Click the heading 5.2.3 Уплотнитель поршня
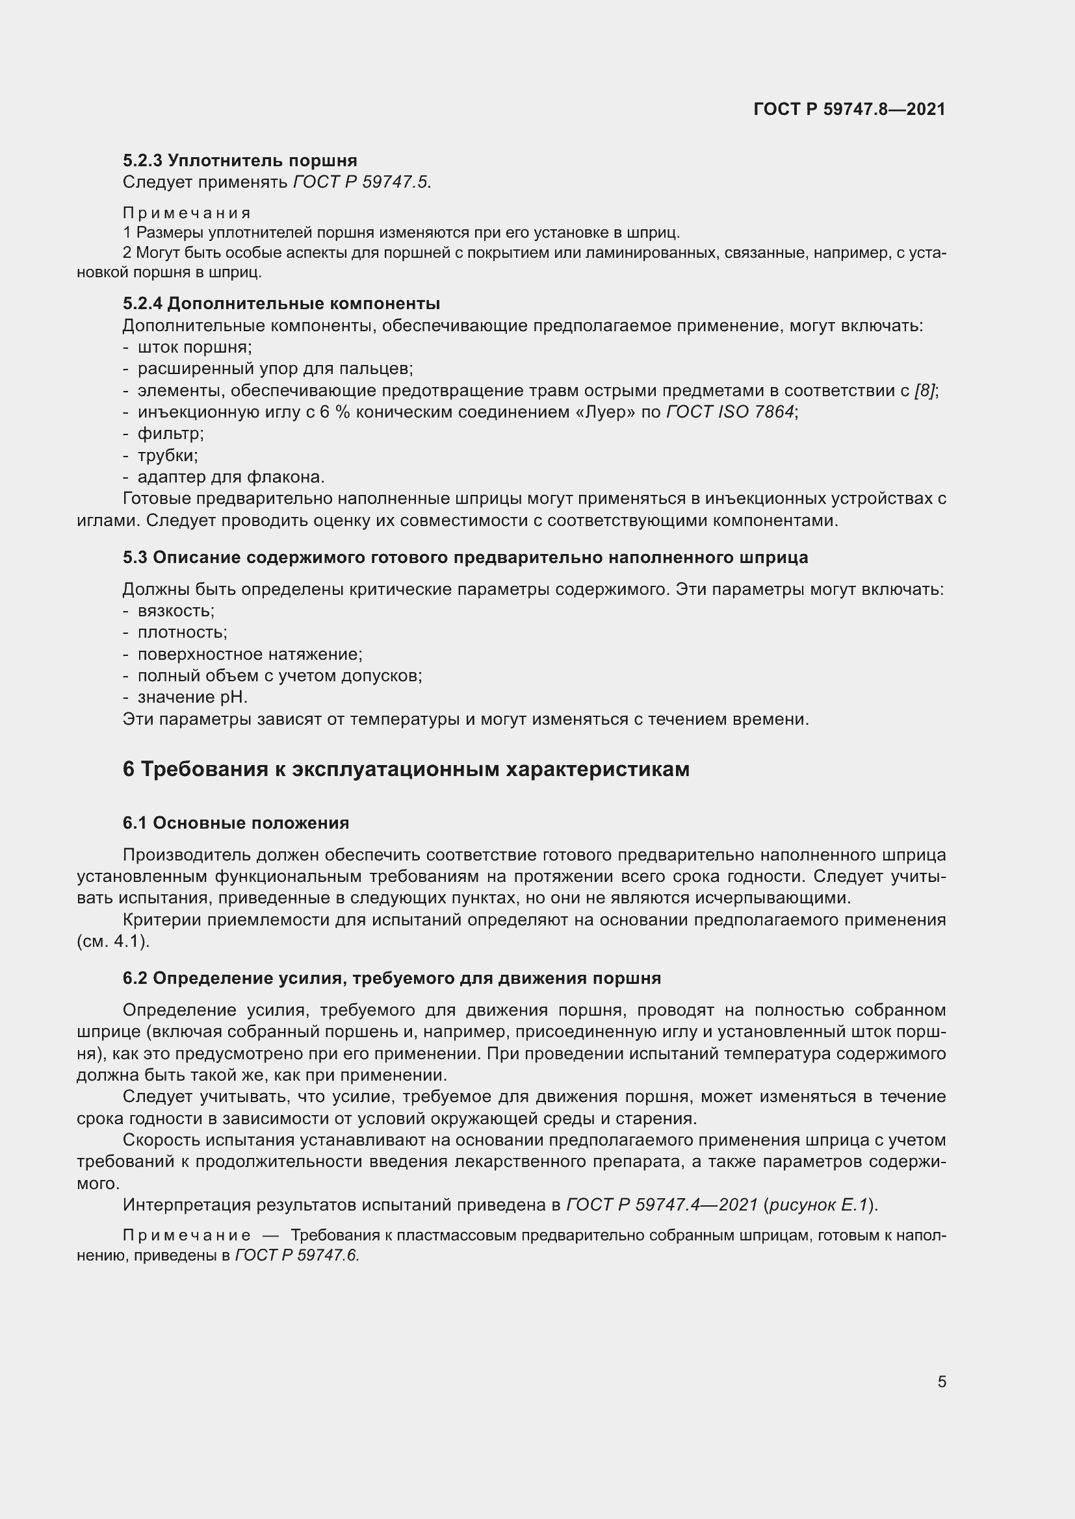[240, 161]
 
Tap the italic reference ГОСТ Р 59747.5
[361, 182]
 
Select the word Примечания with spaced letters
[187, 213]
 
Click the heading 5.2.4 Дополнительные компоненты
[281, 304]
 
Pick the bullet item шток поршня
[194, 347]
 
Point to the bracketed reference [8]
[925, 391]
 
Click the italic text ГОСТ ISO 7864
[730, 412]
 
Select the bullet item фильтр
[170, 434]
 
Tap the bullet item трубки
[168, 456]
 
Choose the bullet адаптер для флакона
[230, 477]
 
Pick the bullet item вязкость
[175, 610]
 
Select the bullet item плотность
[182, 633]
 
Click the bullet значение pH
[192, 697]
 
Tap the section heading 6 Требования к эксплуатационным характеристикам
[406, 770]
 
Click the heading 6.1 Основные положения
[236, 823]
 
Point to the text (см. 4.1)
[113, 942]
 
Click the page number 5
[941, 1382]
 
